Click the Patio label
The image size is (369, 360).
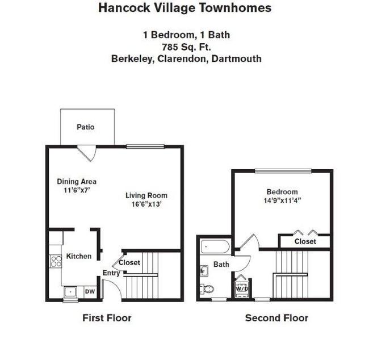pyautogui.click(x=85, y=127)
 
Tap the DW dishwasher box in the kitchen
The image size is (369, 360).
pyautogui.click(x=90, y=292)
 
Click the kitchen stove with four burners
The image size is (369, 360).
pyautogui.click(x=56, y=261)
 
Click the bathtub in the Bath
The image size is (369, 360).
pyautogui.click(x=215, y=246)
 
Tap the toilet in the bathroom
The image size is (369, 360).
pyautogui.click(x=207, y=288)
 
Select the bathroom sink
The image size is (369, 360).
pyautogui.click(x=204, y=271)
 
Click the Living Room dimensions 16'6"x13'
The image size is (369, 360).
pyautogui.click(x=146, y=204)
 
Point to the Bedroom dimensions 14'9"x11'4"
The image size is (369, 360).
pyautogui.click(x=282, y=200)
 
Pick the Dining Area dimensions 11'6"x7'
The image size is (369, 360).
pyautogui.click(x=77, y=190)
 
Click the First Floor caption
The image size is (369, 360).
pyautogui.click(x=107, y=318)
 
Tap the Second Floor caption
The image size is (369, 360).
pyautogui.click(x=277, y=318)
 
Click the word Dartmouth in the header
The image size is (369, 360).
pyautogui.click(x=237, y=58)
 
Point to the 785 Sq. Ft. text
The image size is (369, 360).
pyautogui.click(x=186, y=47)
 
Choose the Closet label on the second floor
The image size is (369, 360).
pyautogui.click(x=305, y=241)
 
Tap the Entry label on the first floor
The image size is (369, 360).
pyautogui.click(x=111, y=273)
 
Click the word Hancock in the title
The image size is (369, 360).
pyautogui.click(x=124, y=7)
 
